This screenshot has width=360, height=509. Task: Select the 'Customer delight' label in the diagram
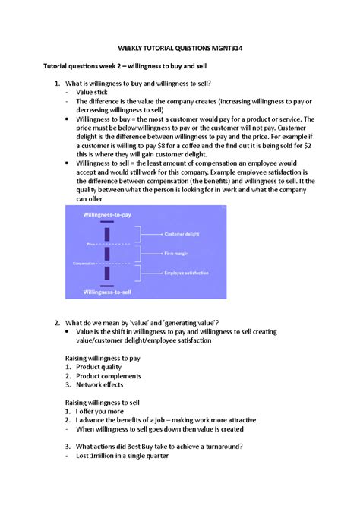point(186,233)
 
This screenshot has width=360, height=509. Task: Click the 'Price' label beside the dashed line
point(90,244)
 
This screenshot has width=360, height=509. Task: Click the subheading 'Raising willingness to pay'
point(103,357)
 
